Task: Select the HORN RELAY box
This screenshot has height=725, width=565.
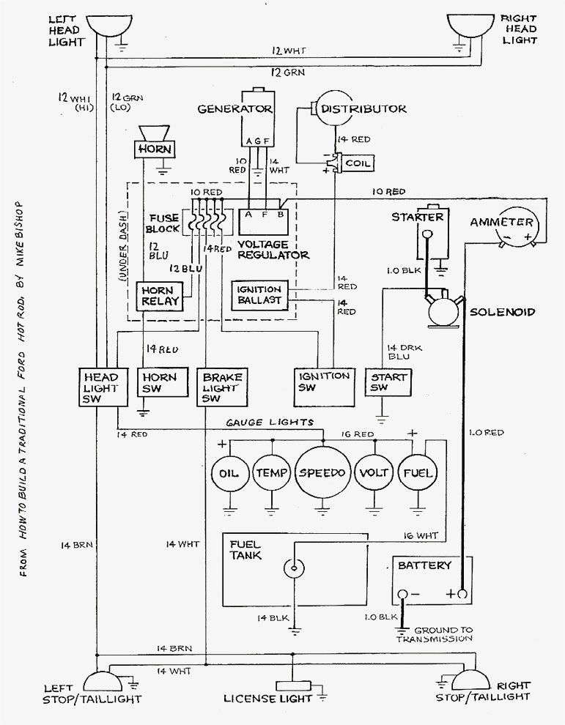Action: [x=156, y=297]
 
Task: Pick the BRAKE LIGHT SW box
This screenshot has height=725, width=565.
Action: [x=222, y=387]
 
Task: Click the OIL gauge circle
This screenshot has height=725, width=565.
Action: [x=229, y=473]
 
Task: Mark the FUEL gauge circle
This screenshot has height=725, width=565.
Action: [x=417, y=473]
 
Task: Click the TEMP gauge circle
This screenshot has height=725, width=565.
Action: [x=272, y=473]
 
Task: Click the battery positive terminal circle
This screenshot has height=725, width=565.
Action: [x=462, y=594]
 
